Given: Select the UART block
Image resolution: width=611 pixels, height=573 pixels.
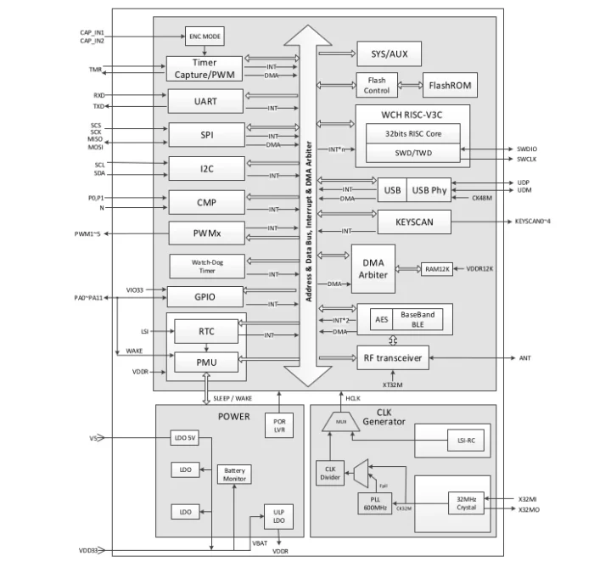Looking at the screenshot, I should [205, 101].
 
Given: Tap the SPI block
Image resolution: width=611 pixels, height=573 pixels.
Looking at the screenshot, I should [205, 135].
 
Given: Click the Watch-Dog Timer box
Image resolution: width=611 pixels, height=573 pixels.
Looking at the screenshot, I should [206, 266].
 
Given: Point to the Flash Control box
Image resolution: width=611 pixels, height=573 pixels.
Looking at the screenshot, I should [377, 85].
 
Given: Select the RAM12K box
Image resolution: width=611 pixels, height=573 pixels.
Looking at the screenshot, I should [438, 269].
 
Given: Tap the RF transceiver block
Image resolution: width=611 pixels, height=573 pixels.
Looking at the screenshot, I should [392, 358].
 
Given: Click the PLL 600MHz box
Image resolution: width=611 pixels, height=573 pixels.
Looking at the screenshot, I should [374, 503].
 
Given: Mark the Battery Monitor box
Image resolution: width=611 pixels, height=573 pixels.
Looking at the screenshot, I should [234, 475].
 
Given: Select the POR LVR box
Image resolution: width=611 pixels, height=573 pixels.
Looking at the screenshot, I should [277, 424].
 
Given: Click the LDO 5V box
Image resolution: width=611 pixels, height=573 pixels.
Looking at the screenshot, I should [184, 438].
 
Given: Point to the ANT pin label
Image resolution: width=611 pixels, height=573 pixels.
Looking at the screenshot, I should [524, 359].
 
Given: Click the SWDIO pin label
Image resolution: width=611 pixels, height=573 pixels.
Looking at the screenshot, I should [526, 148].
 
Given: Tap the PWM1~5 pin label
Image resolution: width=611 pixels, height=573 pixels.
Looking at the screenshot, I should [87, 233].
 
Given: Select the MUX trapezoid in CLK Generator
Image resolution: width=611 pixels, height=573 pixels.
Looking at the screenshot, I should [341, 420].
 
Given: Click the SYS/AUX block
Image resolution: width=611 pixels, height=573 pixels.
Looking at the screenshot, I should [390, 54].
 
